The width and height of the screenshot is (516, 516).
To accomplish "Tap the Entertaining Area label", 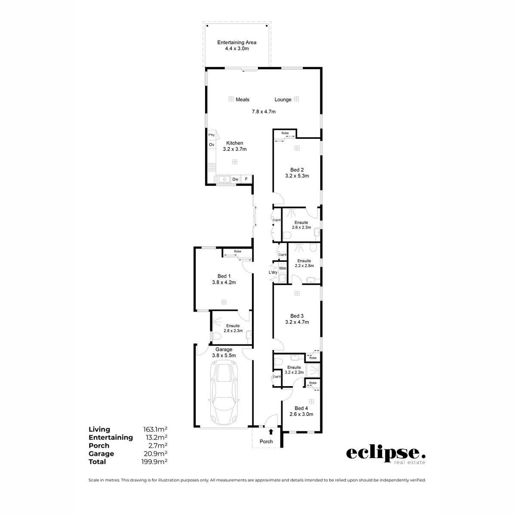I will pyautogui.click(x=236, y=43).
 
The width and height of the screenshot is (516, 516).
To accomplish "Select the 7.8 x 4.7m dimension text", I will pyautogui.click(x=263, y=112).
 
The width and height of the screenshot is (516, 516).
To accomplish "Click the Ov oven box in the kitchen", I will pyautogui.click(x=212, y=145).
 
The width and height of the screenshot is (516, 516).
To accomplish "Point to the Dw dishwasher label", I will pyautogui.click(x=235, y=179).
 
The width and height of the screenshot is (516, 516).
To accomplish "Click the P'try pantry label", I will pyautogui.click(x=212, y=135).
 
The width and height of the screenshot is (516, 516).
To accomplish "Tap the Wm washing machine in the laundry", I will pyautogui.click(x=283, y=268).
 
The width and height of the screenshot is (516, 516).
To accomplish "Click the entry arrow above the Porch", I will pyautogui.click(x=271, y=431).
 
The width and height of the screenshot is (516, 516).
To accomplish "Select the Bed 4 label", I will pyautogui.click(x=301, y=408).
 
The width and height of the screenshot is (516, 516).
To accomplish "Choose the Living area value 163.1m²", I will pyautogui.click(x=155, y=429).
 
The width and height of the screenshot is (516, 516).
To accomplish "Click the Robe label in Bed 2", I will pyautogui.click(x=285, y=133).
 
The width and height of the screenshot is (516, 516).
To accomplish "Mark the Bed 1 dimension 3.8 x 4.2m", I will pyautogui.click(x=224, y=283).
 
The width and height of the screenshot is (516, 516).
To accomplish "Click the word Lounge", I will pyautogui.click(x=283, y=100).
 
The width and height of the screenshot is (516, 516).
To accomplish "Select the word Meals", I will pyautogui.click(x=243, y=100).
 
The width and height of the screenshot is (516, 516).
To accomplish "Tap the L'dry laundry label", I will pyautogui.click(x=273, y=273).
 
